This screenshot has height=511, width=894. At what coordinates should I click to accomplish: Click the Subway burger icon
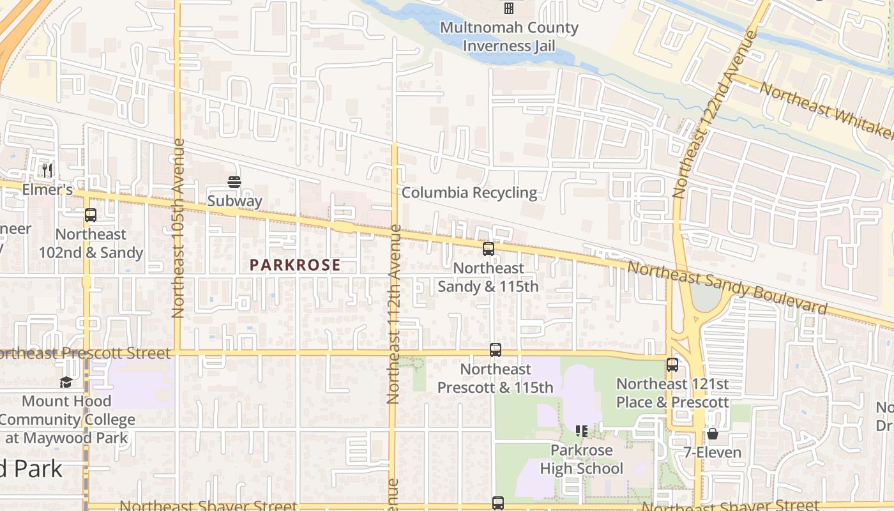[x=234, y=182]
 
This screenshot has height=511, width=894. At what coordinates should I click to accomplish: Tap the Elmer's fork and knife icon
[x=47, y=171]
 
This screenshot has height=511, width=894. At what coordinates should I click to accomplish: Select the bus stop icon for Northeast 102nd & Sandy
[x=91, y=215]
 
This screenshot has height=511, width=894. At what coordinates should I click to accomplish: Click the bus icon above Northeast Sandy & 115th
[x=489, y=249]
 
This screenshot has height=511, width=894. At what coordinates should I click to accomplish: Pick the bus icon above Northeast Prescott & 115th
[x=496, y=350]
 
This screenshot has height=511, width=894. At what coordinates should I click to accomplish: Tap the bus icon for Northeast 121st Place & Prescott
[x=672, y=365]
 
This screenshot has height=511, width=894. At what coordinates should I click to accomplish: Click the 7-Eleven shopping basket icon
[x=713, y=434]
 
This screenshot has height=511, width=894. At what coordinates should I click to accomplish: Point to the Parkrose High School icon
[x=581, y=431]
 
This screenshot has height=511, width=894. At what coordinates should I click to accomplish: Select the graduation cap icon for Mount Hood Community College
[x=66, y=382]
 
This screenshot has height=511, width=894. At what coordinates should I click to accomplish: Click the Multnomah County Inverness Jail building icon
[x=509, y=8]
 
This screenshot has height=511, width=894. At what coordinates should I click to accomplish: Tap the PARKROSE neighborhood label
[x=295, y=265]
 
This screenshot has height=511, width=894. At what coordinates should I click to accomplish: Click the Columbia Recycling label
[x=469, y=193]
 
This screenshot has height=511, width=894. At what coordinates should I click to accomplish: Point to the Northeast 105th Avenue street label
[x=178, y=228]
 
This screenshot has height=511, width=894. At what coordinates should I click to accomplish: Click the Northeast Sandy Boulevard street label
[x=727, y=288]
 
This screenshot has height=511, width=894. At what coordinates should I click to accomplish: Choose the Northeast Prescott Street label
[x=86, y=353]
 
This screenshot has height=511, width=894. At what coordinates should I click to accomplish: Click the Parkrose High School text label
[x=582, y=460]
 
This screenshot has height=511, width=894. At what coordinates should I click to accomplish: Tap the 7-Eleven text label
[x=712, y=453]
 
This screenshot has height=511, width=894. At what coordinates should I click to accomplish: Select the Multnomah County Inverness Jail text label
[x=509, y=37]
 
